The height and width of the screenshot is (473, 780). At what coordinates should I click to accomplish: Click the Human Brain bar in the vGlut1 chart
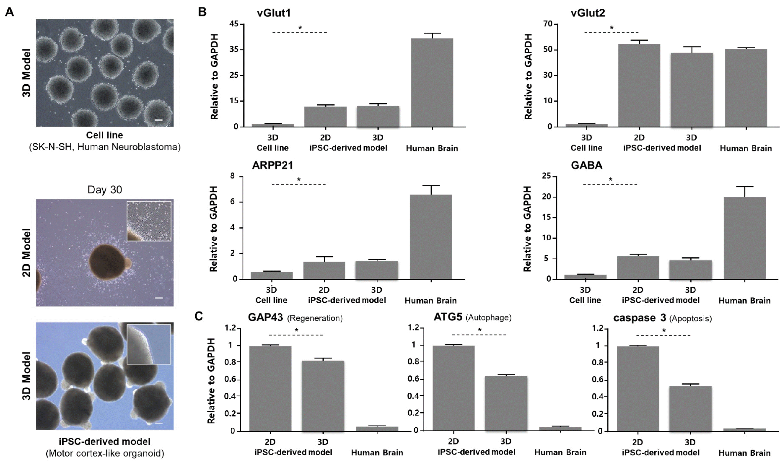click(x=432, y=82)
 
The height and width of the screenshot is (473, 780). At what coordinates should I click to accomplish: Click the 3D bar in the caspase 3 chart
click(x=690, y=408)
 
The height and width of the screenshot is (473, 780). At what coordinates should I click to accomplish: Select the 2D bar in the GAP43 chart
click(x=270, y=388)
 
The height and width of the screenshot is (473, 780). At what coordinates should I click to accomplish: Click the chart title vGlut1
click(x=274, y=13)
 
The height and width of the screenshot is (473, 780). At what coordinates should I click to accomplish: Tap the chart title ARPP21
click(x=272, y=165)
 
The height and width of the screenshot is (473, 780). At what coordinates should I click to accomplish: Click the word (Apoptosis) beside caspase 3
click(x=690, y=319)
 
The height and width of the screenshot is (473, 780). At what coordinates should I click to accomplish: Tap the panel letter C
click(x=199, y=316)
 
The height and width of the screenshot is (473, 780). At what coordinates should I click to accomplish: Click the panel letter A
click(x=10, y=12)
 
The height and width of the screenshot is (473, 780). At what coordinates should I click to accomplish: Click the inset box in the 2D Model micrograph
click(x=149, y=221)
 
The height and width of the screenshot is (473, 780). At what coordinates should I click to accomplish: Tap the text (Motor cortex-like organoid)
click(x=105, y=453)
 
